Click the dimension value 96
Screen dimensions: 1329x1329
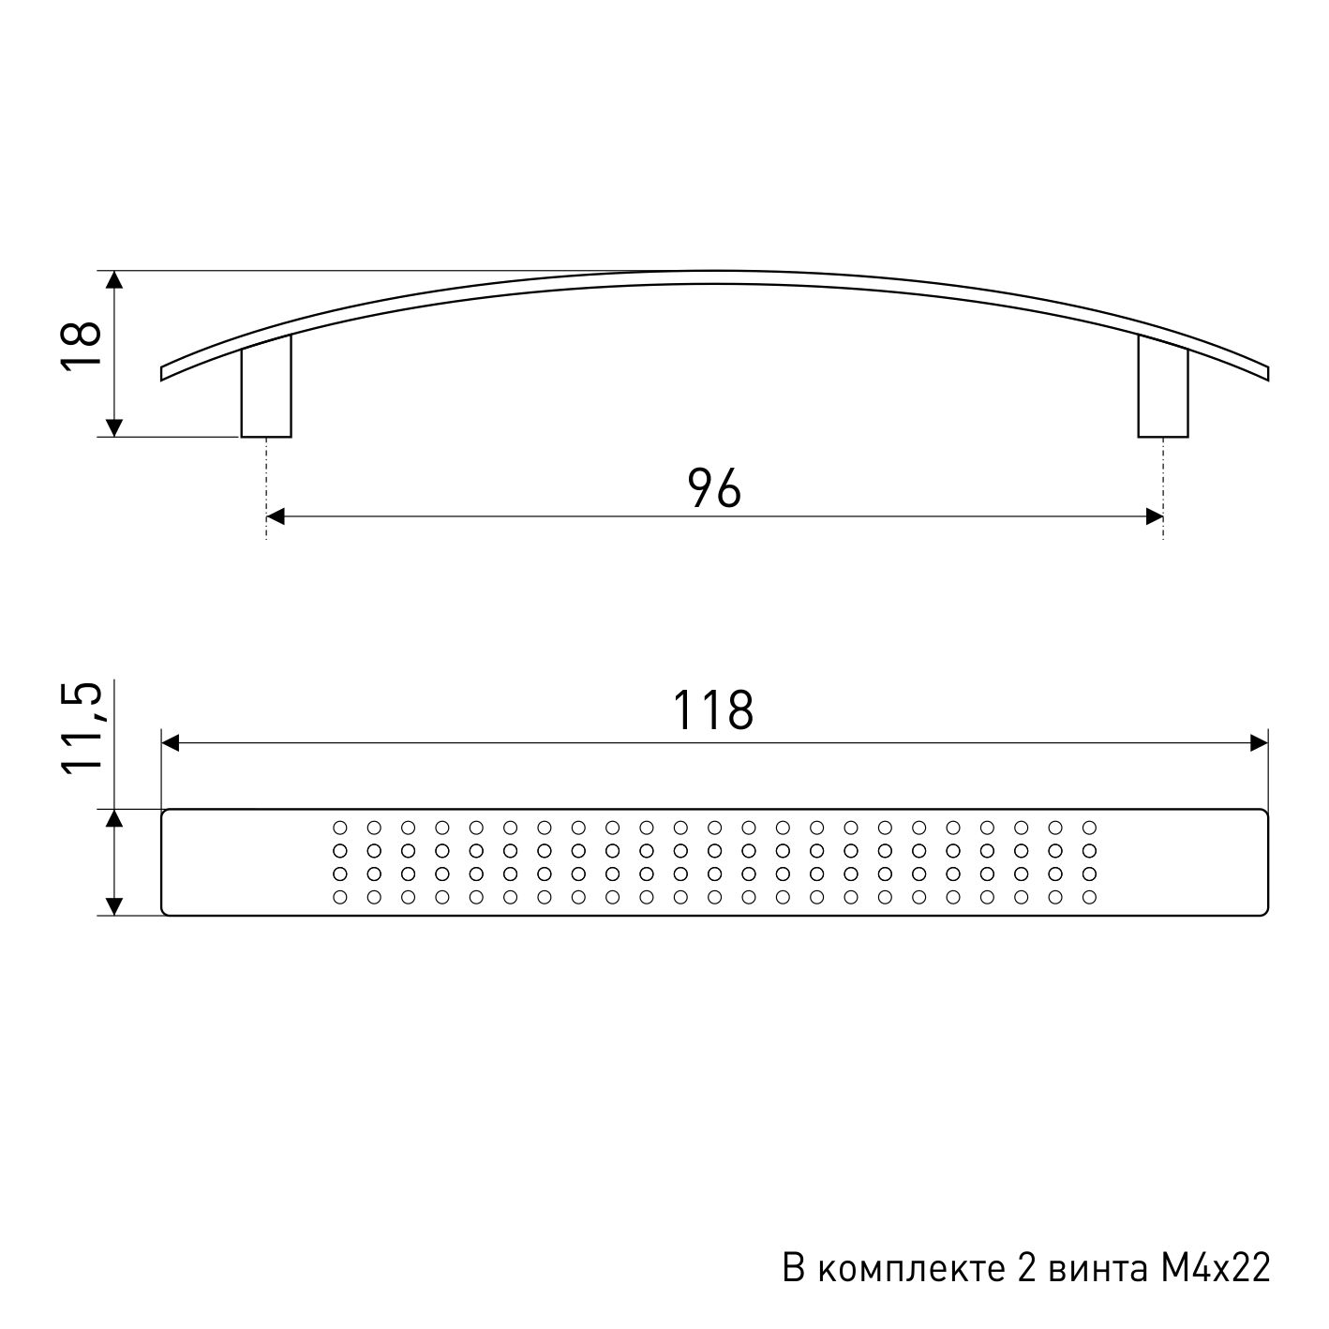coord(714,487)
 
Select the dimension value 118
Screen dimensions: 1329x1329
coord(713,710)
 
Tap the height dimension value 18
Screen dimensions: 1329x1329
coord(82,346)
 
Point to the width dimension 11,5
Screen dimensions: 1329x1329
coord(82,729)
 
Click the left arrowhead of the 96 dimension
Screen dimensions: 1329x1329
coord(276,516)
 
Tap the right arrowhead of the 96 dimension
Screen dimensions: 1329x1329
coord(1154,516)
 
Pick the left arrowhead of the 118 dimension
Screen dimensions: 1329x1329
coord(171,743)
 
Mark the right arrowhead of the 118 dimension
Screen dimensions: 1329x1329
coord(1260,743)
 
